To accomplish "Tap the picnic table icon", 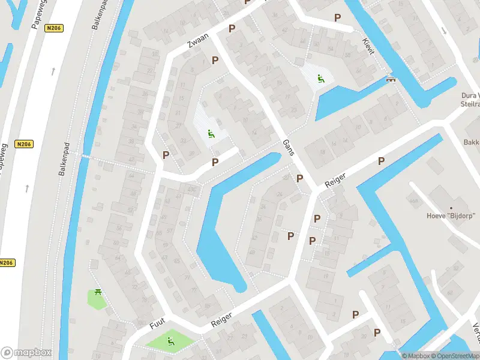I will (x=98, y=293).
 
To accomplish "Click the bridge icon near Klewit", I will (x=391, y=79).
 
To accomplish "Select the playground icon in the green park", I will (x=170, y=341).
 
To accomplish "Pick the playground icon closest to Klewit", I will (x=320, y=78).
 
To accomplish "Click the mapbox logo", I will (x=26, y=353).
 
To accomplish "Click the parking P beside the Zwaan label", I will (x=232, y=28).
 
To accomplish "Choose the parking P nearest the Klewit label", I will (x=338, y=18).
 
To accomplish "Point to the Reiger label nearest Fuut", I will (x=221, y=319).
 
